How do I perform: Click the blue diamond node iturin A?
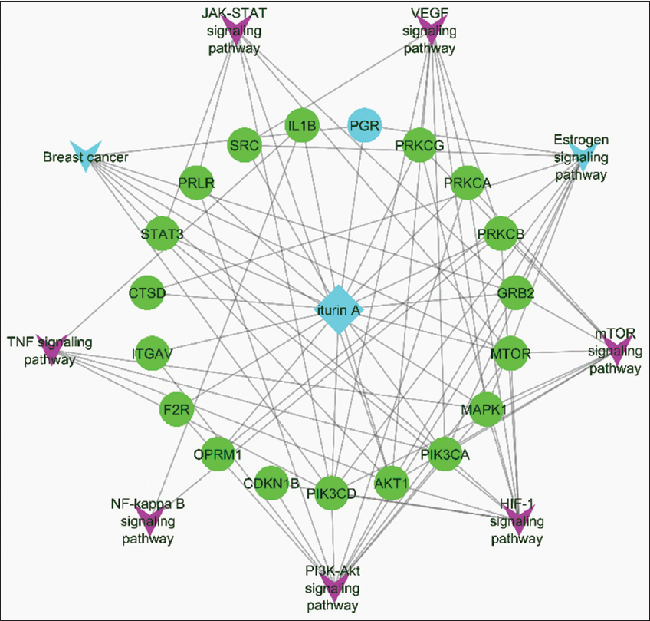[337, 310]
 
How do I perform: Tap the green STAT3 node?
[161, 234]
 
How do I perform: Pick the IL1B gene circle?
[302, 125]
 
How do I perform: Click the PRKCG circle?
[419, 144]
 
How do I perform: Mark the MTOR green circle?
[510, 354]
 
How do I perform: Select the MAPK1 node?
[483, 409]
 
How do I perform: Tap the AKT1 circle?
[391, 484]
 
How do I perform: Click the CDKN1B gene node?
[271, 484]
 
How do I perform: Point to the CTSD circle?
[149, 292]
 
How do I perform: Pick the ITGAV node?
[152, 354]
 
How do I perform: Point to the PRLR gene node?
[197, 183]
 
